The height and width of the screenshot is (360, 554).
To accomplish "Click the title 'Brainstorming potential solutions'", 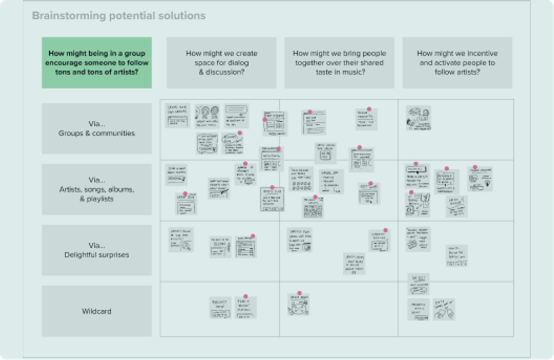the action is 119,16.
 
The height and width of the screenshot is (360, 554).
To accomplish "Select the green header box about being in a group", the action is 96,63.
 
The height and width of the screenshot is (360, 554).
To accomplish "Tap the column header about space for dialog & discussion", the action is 222,63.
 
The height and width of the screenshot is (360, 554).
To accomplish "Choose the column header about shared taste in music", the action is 340,63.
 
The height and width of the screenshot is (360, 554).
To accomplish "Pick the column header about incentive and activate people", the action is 457,63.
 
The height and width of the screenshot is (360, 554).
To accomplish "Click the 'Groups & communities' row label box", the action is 96,128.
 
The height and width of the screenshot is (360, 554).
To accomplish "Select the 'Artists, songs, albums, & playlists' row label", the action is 96,189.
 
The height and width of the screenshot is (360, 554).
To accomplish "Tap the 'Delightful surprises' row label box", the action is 96,250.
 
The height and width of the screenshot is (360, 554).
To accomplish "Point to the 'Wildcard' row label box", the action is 96,311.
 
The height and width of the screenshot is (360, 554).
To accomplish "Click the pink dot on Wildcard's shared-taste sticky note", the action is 299,294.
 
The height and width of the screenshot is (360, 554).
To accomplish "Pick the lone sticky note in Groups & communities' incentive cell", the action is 418,117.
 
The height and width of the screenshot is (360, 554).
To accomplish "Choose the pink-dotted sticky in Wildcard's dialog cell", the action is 245,308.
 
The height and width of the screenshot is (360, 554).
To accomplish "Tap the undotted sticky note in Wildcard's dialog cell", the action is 220,308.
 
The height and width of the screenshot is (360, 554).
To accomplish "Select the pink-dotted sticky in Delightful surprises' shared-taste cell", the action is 379,241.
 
